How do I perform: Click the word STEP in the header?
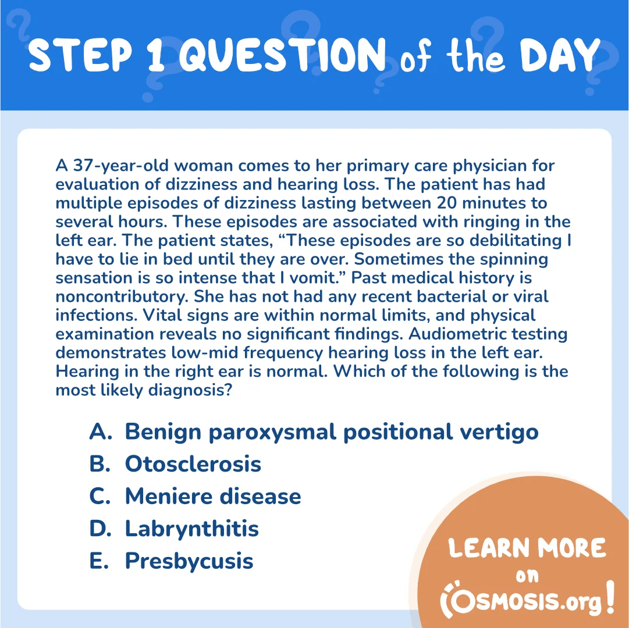[81, 55]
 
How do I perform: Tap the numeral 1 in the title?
[156, 55]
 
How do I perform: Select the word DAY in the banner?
[560, 55]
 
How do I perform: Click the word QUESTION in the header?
[282, 55]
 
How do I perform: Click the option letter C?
[99, 496]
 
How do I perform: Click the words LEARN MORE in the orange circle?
[527, 548]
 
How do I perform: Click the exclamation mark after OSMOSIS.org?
[610, 597]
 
